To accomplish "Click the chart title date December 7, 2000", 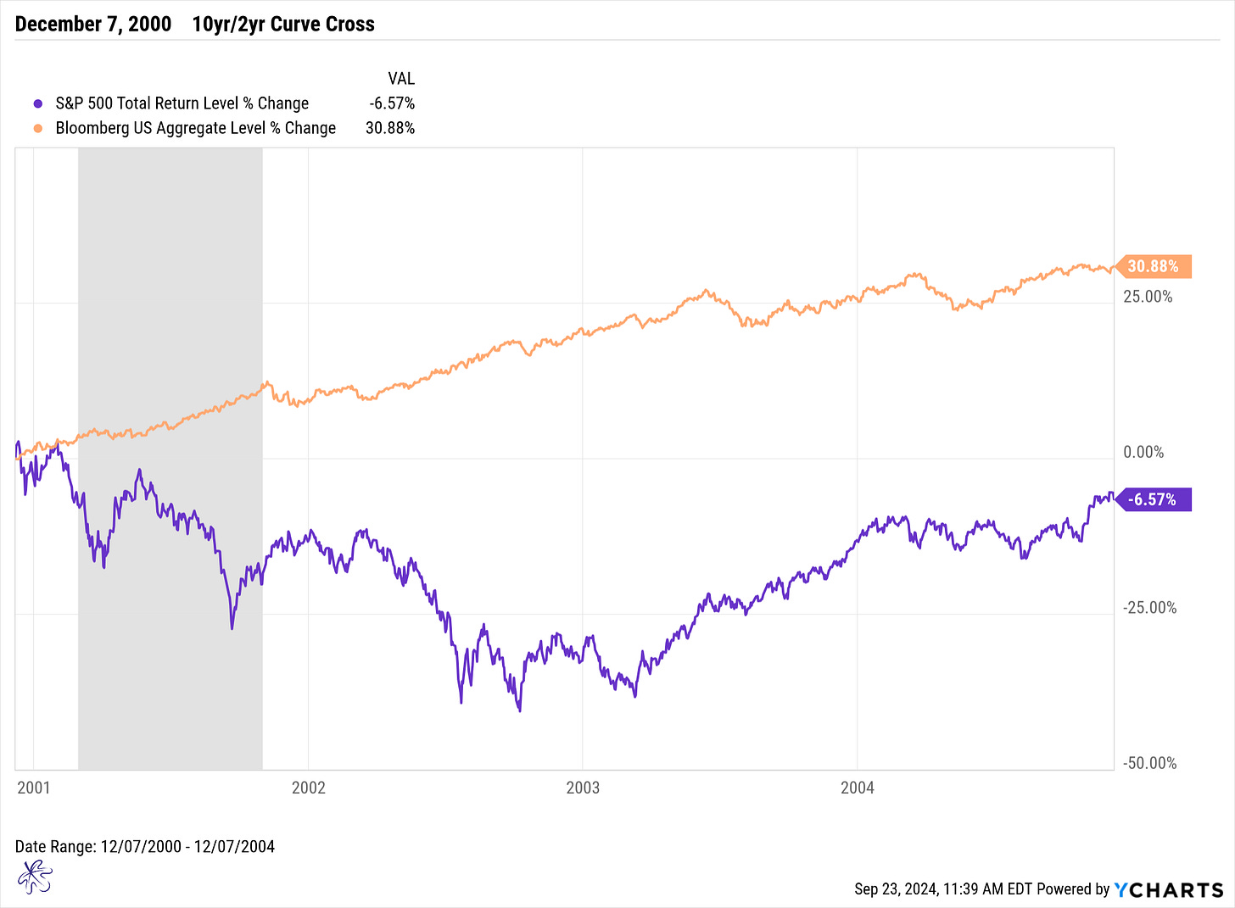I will point(93,24).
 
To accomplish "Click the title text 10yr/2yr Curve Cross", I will point(283,24).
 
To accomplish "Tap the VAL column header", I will point(400,79).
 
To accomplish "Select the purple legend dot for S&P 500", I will point(37,103).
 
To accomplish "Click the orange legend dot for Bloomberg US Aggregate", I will point(37,128).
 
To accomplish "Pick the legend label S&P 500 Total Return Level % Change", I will point(182,103).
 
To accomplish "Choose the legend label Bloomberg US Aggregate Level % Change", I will point(196,128).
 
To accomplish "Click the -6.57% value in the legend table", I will point(392,103).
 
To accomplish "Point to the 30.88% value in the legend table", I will point(390,128).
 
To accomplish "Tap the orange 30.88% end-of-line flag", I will point(1153,266).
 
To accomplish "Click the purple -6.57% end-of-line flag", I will point(1153,499).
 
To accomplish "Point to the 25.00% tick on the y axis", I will point(1148,297).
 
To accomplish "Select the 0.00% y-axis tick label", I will point(1143,452).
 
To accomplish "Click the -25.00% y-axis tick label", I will point(1149,608).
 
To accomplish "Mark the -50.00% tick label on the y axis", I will point(1149,763).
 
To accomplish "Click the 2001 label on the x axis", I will point(34,788).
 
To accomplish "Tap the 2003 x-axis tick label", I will point(583,788).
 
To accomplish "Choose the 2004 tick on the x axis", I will point(858,788).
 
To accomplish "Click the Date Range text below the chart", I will point(145,846).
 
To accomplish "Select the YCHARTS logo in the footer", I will point(1168,889).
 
